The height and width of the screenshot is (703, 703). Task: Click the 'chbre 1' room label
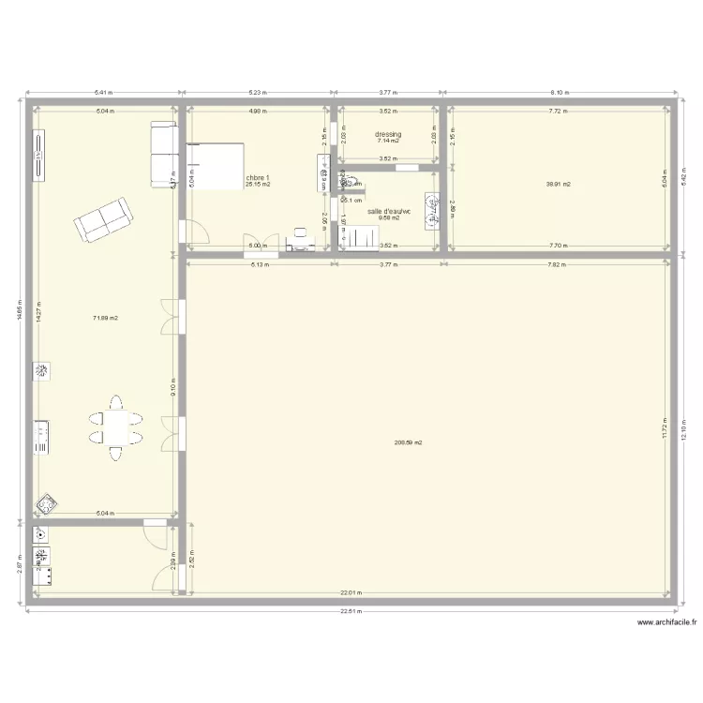point(258,177)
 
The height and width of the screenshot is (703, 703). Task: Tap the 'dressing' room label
point(388,134)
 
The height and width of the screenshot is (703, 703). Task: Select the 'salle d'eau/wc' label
point(389,211)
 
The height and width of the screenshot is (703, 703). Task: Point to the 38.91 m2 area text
point(559,184)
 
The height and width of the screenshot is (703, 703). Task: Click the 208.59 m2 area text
point(409,442)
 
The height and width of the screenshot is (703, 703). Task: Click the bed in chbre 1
point(215,166)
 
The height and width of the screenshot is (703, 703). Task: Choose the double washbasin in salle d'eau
point(433,212)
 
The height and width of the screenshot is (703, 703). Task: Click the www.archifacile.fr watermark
point(666,622)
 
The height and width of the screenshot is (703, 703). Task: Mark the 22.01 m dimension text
point(350,592)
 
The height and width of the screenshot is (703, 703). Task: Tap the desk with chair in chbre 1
point(301,240)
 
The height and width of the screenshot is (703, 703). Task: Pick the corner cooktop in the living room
point(45,505)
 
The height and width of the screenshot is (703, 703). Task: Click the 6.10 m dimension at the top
point(559,93)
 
